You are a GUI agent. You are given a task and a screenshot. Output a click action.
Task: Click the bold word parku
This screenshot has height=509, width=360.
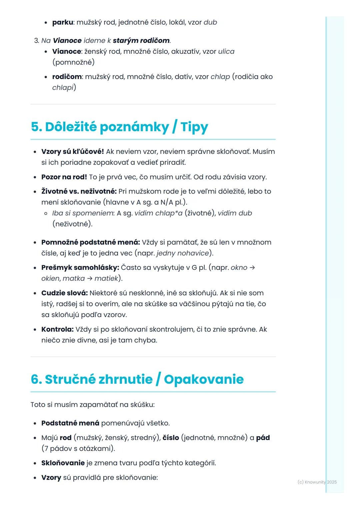point(63,22)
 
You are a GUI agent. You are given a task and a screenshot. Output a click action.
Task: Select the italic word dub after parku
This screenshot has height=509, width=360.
point(210,22)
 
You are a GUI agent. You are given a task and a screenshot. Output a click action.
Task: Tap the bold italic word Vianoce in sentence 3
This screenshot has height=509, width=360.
point(67,41)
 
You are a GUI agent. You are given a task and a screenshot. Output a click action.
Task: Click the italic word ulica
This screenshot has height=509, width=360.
point(226,52)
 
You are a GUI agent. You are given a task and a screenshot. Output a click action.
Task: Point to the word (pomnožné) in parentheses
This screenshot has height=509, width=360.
point(73,62)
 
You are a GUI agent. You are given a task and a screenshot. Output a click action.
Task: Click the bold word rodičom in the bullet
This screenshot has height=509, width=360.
point(67,77)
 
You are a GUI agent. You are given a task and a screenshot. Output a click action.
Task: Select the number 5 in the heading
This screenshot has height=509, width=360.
point(35,127)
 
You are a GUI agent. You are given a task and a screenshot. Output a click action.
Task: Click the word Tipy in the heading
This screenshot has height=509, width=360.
point(194,127)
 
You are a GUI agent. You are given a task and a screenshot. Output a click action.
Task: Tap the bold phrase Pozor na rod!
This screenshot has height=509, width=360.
point(64,177)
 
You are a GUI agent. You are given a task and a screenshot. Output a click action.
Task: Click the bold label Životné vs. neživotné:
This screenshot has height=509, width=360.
point(79,192)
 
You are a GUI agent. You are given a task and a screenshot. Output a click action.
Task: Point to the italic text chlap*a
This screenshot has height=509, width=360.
point(169,213)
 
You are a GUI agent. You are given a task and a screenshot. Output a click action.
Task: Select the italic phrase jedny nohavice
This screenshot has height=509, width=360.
point(183,253)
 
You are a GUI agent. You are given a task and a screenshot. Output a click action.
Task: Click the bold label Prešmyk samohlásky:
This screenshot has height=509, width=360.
point(80,267)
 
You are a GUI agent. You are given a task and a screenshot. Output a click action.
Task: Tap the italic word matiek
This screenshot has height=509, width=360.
point(106,278)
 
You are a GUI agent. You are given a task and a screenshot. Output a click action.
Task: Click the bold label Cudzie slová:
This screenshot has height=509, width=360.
point(64,293)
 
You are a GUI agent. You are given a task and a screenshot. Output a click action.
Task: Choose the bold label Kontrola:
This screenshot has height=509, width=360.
point(57,329)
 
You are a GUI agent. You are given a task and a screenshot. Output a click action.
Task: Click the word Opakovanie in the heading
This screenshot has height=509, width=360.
point(204,379)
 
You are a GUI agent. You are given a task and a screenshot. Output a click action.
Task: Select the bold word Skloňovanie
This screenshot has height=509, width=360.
point(63,463)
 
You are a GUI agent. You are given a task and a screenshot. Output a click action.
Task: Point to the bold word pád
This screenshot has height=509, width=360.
point(263,438)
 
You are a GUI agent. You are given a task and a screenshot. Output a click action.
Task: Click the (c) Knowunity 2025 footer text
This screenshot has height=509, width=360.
point(317,482)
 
